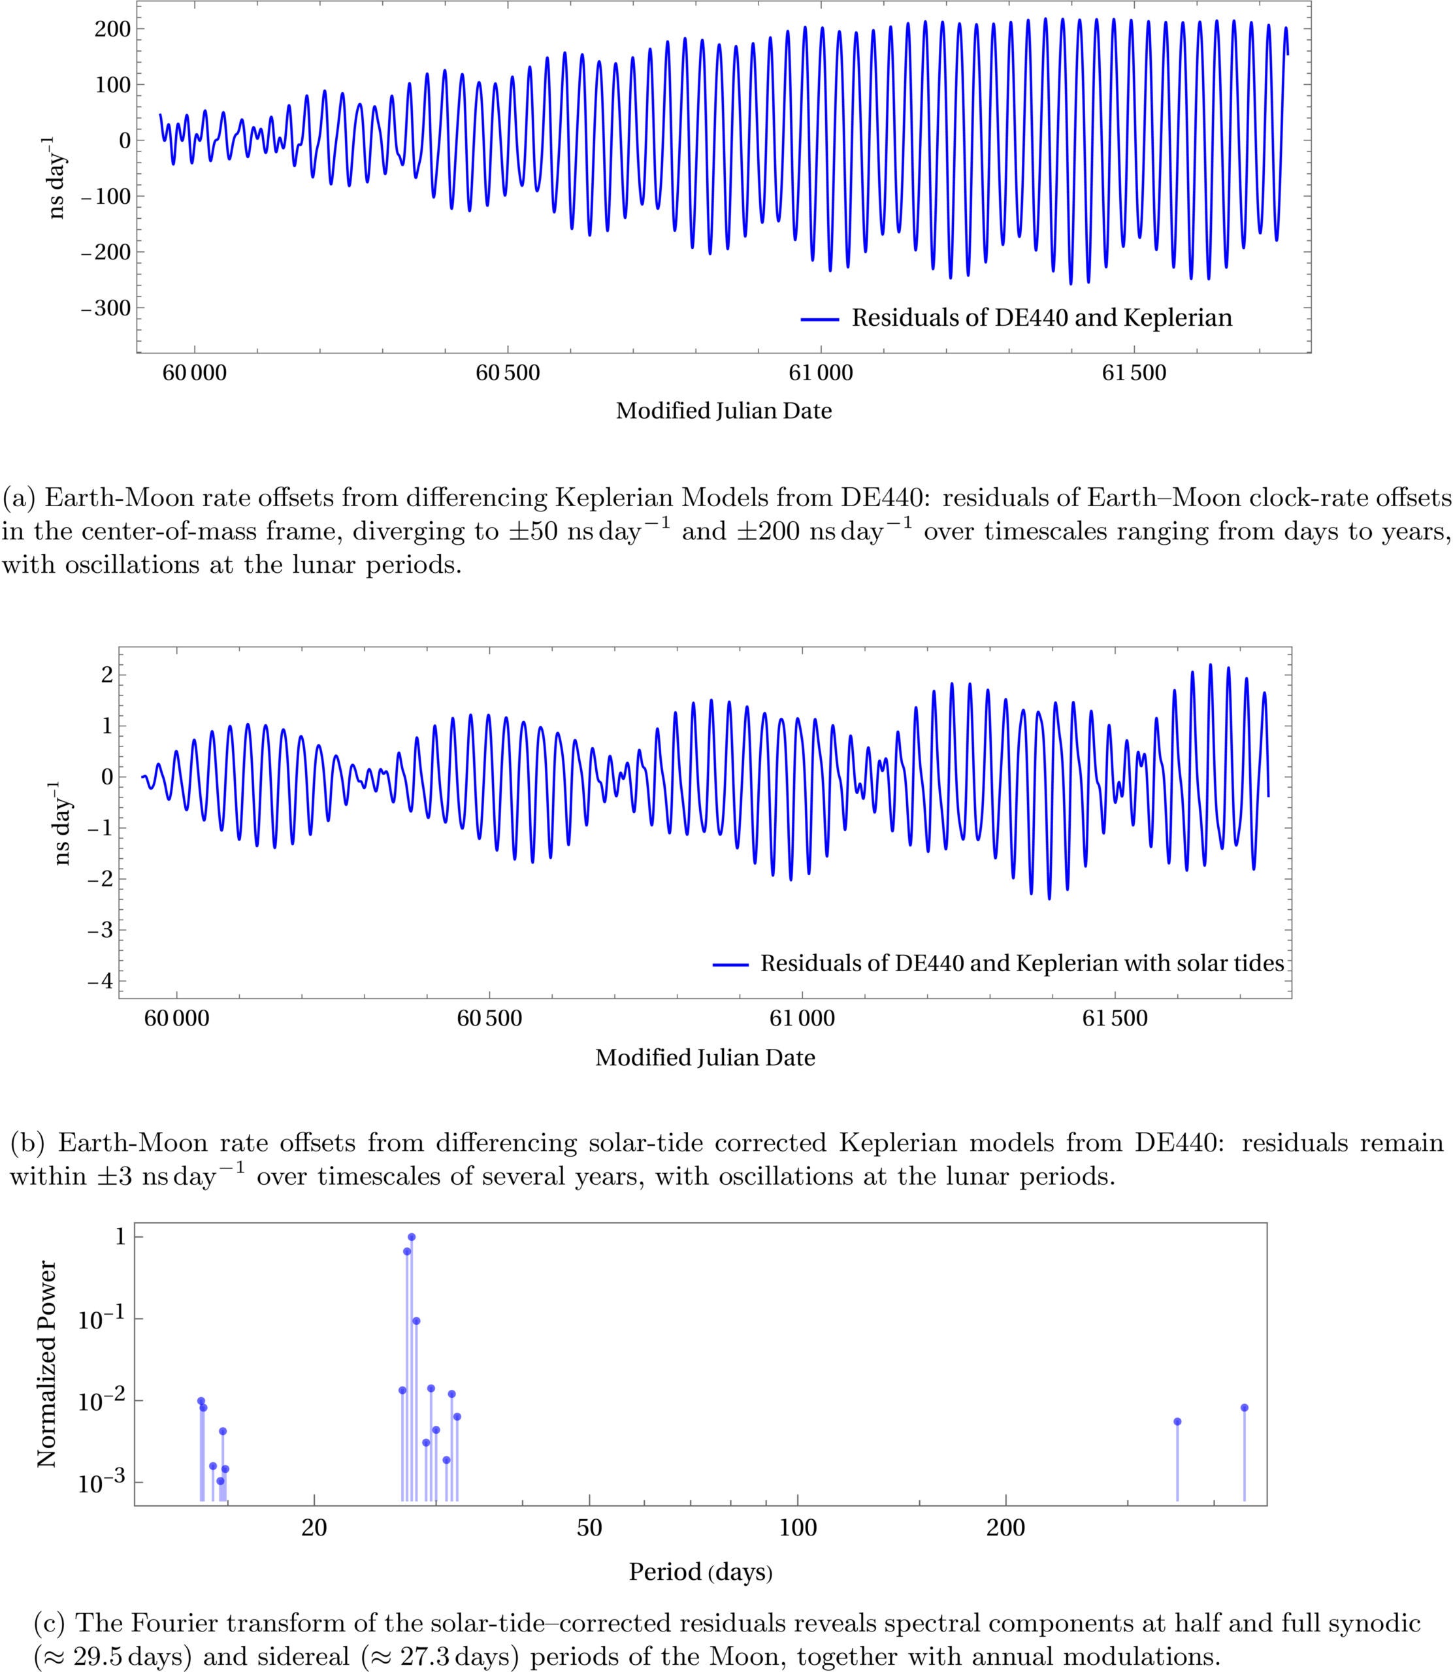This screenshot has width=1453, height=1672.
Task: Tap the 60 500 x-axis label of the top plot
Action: pos(507,373)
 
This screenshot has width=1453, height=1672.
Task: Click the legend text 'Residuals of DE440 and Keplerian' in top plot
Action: pos(1041,317)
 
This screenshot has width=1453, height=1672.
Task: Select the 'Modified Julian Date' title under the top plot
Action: pos(723,411)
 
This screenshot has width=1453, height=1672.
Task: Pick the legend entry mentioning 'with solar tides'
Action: pos(1022,963)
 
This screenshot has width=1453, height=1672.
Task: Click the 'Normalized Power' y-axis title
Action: pos(47,1363)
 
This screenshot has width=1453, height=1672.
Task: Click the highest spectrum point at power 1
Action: pos(411,1237)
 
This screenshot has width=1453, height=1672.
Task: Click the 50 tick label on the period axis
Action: pos(589,1528)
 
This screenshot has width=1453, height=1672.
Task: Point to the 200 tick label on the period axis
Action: pos(1005,1528)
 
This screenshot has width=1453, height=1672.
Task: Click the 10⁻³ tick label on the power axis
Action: pos(101,1483)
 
